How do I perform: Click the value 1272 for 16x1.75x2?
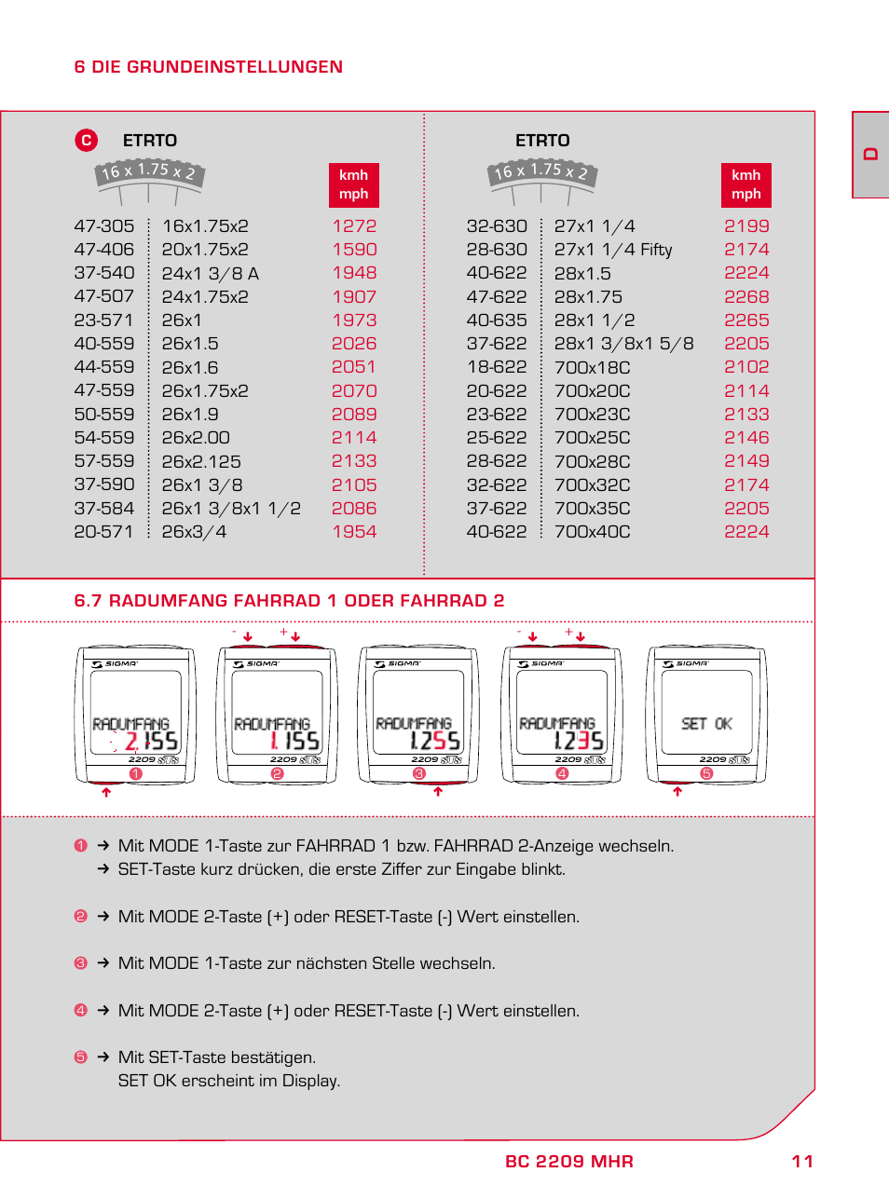(354, 226)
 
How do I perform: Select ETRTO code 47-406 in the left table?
(104, 250)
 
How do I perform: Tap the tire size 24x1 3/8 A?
(211, 274)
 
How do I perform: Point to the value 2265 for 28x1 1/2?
(746, 320)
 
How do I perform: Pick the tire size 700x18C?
(592, 367)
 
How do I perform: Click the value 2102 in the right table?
(746, 367)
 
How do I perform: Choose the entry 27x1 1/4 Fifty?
(613, 250)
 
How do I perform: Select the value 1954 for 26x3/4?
(354, 532)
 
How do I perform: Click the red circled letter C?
(86, 140)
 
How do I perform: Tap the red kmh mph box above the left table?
(353, 184)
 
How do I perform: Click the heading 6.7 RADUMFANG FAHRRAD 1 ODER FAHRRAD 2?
(289, 601)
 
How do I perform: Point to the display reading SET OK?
(706, 724)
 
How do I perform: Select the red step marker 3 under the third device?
(419, 774)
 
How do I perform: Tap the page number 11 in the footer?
(802, 1162)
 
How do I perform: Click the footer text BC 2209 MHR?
(568, 1162)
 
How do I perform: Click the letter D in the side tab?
(871, 155)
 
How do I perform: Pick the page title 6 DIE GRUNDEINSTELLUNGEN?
(208, 67)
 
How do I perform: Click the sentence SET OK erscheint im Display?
(229, 1081)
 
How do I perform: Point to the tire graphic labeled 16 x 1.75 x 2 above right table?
(542, 173)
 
